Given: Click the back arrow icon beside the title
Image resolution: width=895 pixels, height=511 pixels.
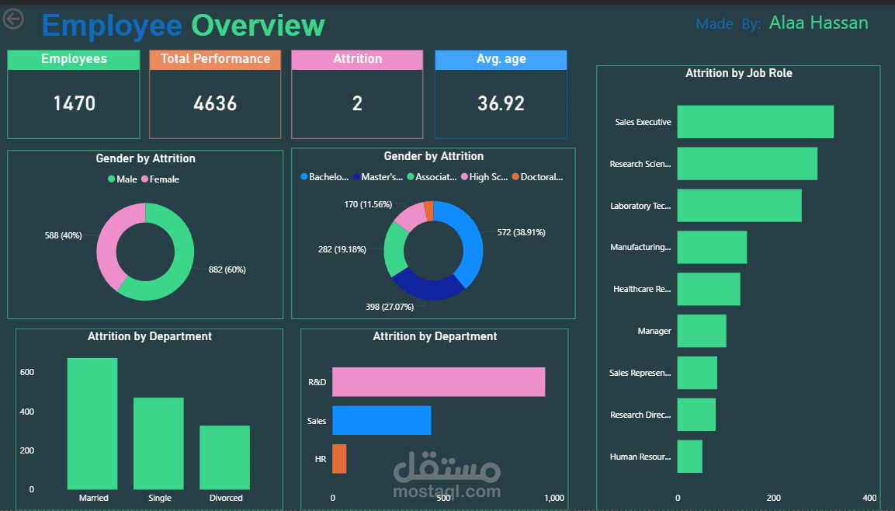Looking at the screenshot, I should coord(13,19).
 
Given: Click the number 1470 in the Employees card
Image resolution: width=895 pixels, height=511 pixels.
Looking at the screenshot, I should coord(74,103).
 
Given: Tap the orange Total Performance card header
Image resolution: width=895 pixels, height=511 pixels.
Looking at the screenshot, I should coord(215,59).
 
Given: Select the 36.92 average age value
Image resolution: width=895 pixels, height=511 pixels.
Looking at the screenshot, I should coord(501,103).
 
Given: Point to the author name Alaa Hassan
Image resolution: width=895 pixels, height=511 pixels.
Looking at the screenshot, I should coord(818,23).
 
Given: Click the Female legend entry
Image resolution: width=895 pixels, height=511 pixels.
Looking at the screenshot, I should coord(164,179).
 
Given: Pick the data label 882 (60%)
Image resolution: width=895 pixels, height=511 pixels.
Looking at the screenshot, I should coord(227,269).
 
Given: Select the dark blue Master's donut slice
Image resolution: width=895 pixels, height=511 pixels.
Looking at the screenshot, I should coord(427,287).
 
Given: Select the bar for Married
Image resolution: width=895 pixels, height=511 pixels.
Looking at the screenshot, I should coord(92,422).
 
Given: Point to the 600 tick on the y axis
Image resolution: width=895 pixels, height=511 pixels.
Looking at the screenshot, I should coord(27,373).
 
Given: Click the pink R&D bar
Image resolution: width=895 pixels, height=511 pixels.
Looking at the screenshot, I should coord(438,382).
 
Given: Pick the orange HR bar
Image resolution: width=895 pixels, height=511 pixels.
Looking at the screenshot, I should coord(339,459).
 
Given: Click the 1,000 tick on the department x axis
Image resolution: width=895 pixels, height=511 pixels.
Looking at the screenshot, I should coord(554,498).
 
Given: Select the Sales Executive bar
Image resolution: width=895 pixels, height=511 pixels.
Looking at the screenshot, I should coord(755,122).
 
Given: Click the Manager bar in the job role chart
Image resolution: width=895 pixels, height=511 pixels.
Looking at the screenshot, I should coord(701,331).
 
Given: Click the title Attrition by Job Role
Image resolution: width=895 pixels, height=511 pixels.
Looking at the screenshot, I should coord(738,74).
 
